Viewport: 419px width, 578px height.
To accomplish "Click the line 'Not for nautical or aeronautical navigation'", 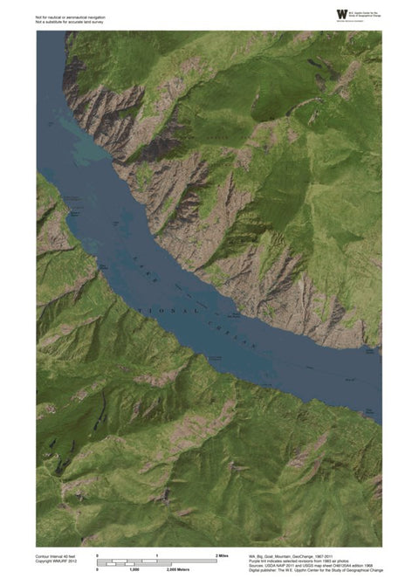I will point(70,17).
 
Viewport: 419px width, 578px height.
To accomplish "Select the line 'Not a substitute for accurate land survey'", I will point(69,22).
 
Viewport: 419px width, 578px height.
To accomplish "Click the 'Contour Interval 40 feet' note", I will point(60,556).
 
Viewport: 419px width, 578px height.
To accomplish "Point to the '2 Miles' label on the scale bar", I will point(221,556).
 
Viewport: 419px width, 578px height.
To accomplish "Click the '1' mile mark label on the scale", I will point(156,556).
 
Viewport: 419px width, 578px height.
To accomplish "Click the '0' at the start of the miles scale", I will point(97,556).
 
